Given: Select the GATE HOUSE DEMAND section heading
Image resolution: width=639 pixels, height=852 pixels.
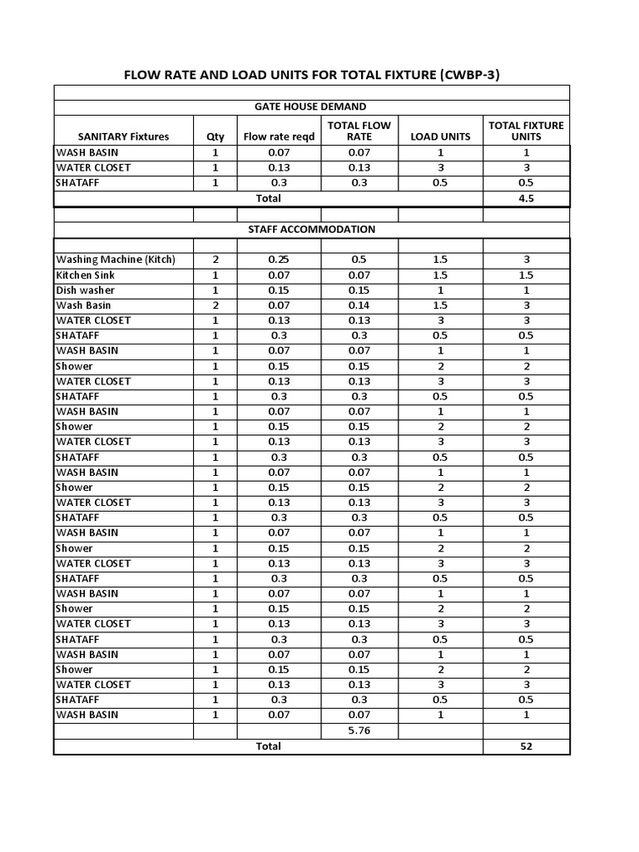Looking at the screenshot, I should click(x=310, y=106).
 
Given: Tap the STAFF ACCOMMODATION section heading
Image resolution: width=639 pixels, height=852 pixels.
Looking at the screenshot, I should click(x=311, y=229).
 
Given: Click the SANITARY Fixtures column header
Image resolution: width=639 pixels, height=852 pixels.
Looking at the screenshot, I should click(x=123, y=136).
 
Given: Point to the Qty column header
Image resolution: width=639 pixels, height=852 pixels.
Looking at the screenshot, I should click(x=215, y=136).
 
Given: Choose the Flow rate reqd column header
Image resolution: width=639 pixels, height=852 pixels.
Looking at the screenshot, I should click(x=279, y=136).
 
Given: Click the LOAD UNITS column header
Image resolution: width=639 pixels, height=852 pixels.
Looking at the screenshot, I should click(x=440, y=136).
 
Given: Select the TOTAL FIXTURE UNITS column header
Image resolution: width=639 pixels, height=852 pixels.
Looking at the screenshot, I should click(x=526, y=131).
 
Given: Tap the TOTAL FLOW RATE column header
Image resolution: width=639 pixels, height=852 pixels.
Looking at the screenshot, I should click(x=359, y=131).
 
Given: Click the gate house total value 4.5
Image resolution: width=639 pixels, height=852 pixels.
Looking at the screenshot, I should click(x=526, y=198).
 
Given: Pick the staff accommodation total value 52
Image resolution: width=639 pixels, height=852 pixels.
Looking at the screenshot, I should click(x=526, y=746).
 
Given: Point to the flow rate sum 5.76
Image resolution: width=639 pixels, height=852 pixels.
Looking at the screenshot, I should click(x=359, y=731).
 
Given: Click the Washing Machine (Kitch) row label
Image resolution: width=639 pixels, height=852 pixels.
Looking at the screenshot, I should click(x=116, y=260).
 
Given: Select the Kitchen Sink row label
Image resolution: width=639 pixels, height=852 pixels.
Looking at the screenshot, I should click(x=86, y=275).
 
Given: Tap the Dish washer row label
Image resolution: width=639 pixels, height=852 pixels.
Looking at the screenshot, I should click(x=85, y=290).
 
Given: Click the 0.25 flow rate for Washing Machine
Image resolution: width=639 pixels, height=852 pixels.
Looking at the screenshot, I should click(x=278, y=260).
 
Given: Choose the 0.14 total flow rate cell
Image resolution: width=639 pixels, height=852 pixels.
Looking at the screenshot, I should click(x=359, y=305).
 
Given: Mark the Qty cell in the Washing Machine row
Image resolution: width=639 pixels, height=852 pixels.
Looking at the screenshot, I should click(x=215, y=260).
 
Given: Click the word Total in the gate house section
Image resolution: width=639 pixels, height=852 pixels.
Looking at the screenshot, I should click(x=268, y=198).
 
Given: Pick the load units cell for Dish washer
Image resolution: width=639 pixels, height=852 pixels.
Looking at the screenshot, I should click(x=440, y=290).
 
